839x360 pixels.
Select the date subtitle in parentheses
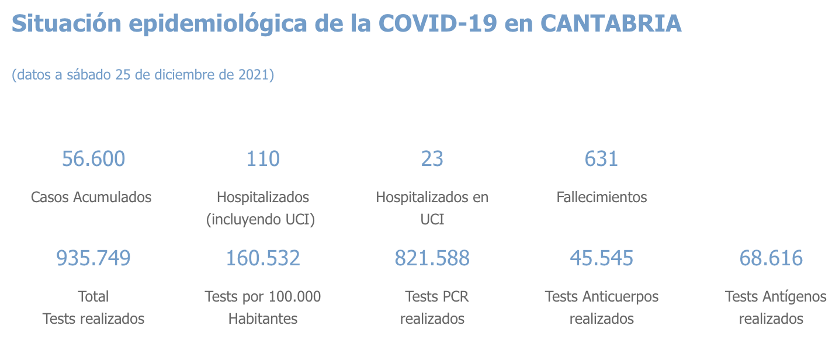click(143, 75)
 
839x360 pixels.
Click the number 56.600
click(93, 158)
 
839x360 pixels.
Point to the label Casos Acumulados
click(91, 197)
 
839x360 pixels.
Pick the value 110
click(263, 158)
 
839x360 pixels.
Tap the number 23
click(432, 158)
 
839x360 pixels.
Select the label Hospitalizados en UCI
click(432, 208)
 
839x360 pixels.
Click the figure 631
click(601, 158)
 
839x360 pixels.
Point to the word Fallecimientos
click(602, 197)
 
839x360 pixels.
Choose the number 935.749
click(93, 258)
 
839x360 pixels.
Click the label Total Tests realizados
click(93, 307)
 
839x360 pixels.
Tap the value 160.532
click(263, 258)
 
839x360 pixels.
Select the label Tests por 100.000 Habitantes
click(263, 307)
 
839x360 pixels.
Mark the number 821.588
click(432, 258)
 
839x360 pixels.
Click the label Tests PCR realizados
click(432, 307)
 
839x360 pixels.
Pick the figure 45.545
click(602, 258)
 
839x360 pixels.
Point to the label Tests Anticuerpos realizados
click(602, 307)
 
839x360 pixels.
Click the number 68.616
click(771, 258)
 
